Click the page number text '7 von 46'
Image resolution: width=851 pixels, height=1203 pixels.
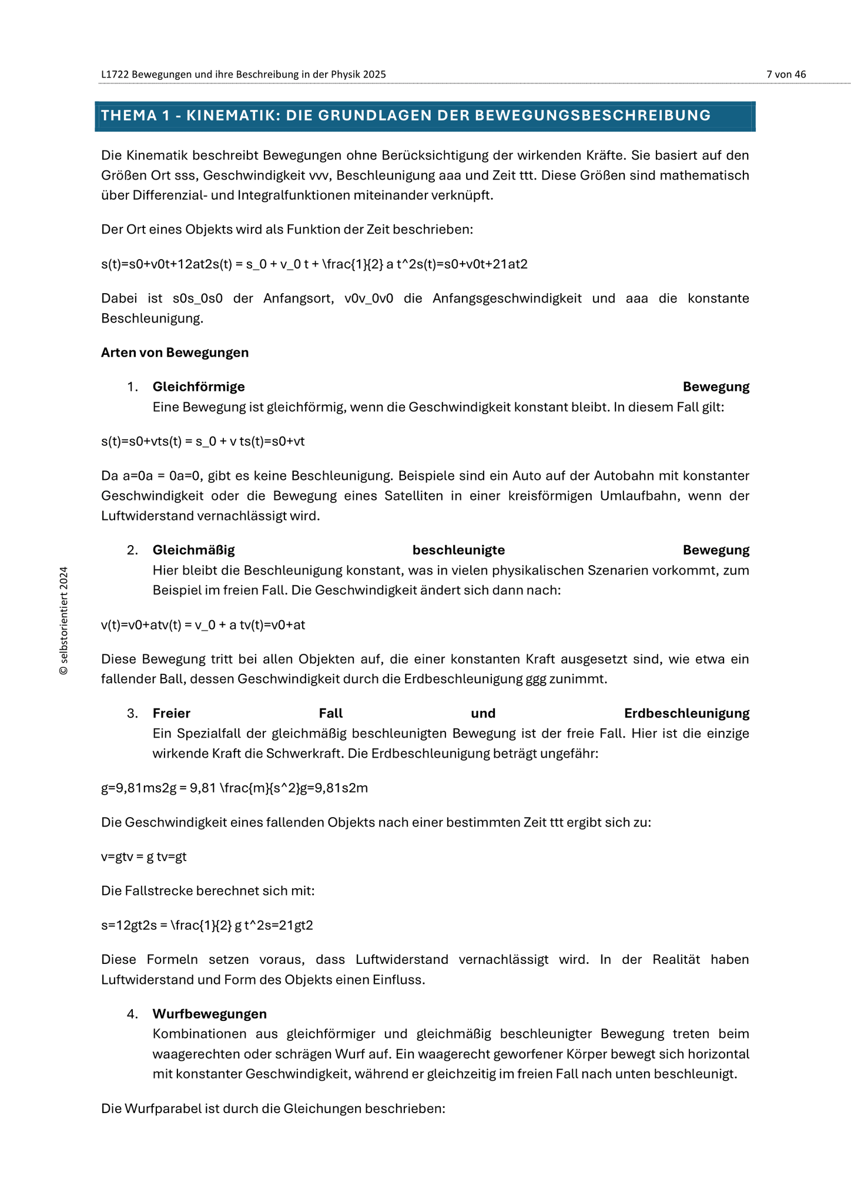pyautogui.click(x=786, y=74)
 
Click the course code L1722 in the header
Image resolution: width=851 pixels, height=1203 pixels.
pyautogui.click(x=115, y=75)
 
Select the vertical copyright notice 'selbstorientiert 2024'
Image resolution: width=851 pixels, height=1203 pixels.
pyautogui.click(x=64, y=620)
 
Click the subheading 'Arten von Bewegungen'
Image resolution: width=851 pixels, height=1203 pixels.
pyautogui.click(x=175, y=352)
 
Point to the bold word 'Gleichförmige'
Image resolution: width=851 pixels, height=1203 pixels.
pyautogui.click(x=199, y=387)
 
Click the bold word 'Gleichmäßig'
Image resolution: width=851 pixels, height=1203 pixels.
pyautogui.click(x=193, y=550)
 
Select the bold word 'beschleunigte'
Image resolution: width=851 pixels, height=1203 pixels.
pyautogui.click(x=458, y=550)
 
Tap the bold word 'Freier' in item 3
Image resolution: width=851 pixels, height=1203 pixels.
pyautogui.click(x=171, y=713)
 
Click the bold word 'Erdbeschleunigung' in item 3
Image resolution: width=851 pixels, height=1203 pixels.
pyautogui.click(x=686, y=713)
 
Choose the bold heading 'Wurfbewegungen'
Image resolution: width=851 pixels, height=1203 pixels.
pyautogui.click(x=209, y=1014)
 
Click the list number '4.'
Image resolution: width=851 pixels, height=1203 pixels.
pyautogui.click(x=132, y=1014)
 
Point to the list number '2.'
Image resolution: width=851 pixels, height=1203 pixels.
pyautogui.click(x=132, y=550)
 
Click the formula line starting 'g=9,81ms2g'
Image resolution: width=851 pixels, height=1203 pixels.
pyautogui.click(x=234, y=788)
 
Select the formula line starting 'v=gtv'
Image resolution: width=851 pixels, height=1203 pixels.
pyautogui.click(x=143, y=856)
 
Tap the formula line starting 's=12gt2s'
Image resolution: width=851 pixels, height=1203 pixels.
pyautogui.click(x=207, y=925)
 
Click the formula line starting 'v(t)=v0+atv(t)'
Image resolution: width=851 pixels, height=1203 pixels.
pyautogui.click(x=203, y=624)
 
